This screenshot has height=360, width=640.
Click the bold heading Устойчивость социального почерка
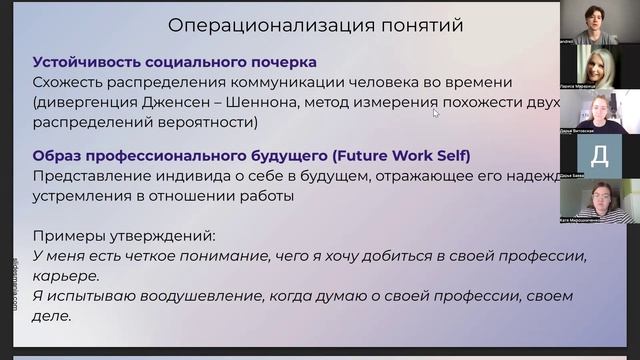174,62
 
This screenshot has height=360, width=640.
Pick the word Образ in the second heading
59,156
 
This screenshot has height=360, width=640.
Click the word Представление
99,176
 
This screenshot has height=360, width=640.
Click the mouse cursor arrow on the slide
436,113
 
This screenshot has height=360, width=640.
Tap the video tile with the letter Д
599,154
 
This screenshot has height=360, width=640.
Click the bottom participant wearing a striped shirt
600,203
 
